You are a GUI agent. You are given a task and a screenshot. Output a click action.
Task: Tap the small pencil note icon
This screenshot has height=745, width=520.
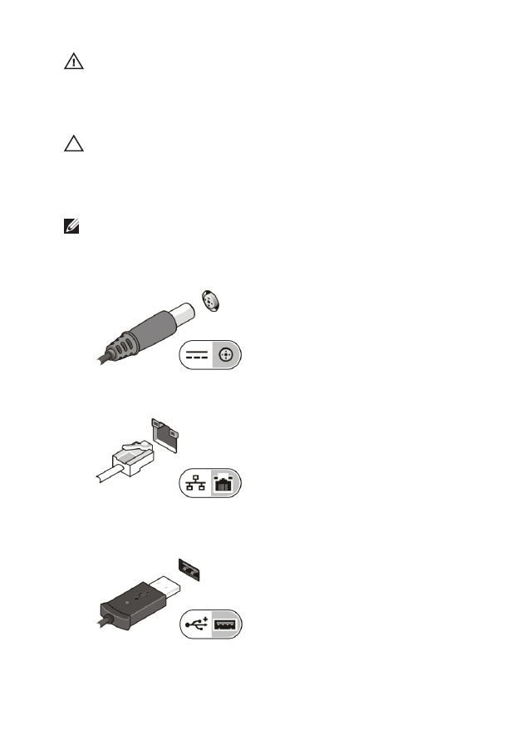pos(70,224)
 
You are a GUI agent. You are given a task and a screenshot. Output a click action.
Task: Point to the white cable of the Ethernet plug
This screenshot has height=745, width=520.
pos(108,477)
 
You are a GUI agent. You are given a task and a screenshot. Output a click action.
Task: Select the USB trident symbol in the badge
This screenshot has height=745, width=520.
pos(197,626)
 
